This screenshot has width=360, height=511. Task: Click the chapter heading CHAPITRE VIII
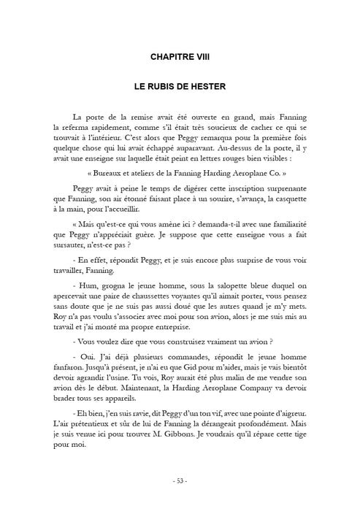pyautogui.click(x=179, y=55)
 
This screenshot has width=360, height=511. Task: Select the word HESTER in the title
pyautogui.click(x=206, y=85)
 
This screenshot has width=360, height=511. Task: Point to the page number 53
pyautogui.click(x=180, y=481)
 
